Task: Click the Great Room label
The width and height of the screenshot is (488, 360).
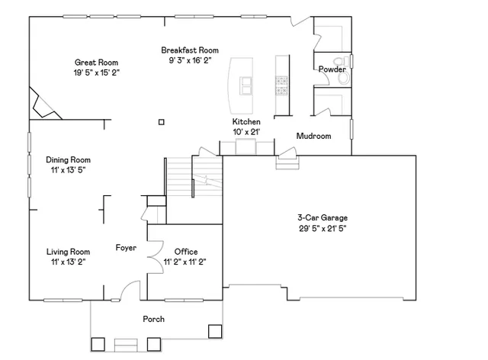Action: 96,63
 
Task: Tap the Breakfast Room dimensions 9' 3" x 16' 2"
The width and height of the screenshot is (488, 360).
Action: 190,60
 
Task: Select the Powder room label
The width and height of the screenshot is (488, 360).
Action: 332,69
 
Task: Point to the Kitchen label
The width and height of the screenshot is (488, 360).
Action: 246,122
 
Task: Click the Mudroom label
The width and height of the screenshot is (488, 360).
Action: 313,137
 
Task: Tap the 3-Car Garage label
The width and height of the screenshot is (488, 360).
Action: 323,217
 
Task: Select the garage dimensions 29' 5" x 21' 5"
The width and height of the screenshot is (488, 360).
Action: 323,227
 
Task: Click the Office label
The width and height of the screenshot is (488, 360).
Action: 186,252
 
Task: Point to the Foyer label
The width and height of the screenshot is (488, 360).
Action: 126,247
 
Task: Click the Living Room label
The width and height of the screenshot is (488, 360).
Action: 68,252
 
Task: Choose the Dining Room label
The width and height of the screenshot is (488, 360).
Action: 68,160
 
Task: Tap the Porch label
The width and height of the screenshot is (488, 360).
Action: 154,319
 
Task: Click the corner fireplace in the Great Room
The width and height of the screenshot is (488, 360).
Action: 42,103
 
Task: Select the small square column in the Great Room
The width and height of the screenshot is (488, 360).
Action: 161,121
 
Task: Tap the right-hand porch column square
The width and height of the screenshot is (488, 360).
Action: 215,332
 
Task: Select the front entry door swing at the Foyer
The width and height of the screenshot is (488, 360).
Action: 131,291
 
